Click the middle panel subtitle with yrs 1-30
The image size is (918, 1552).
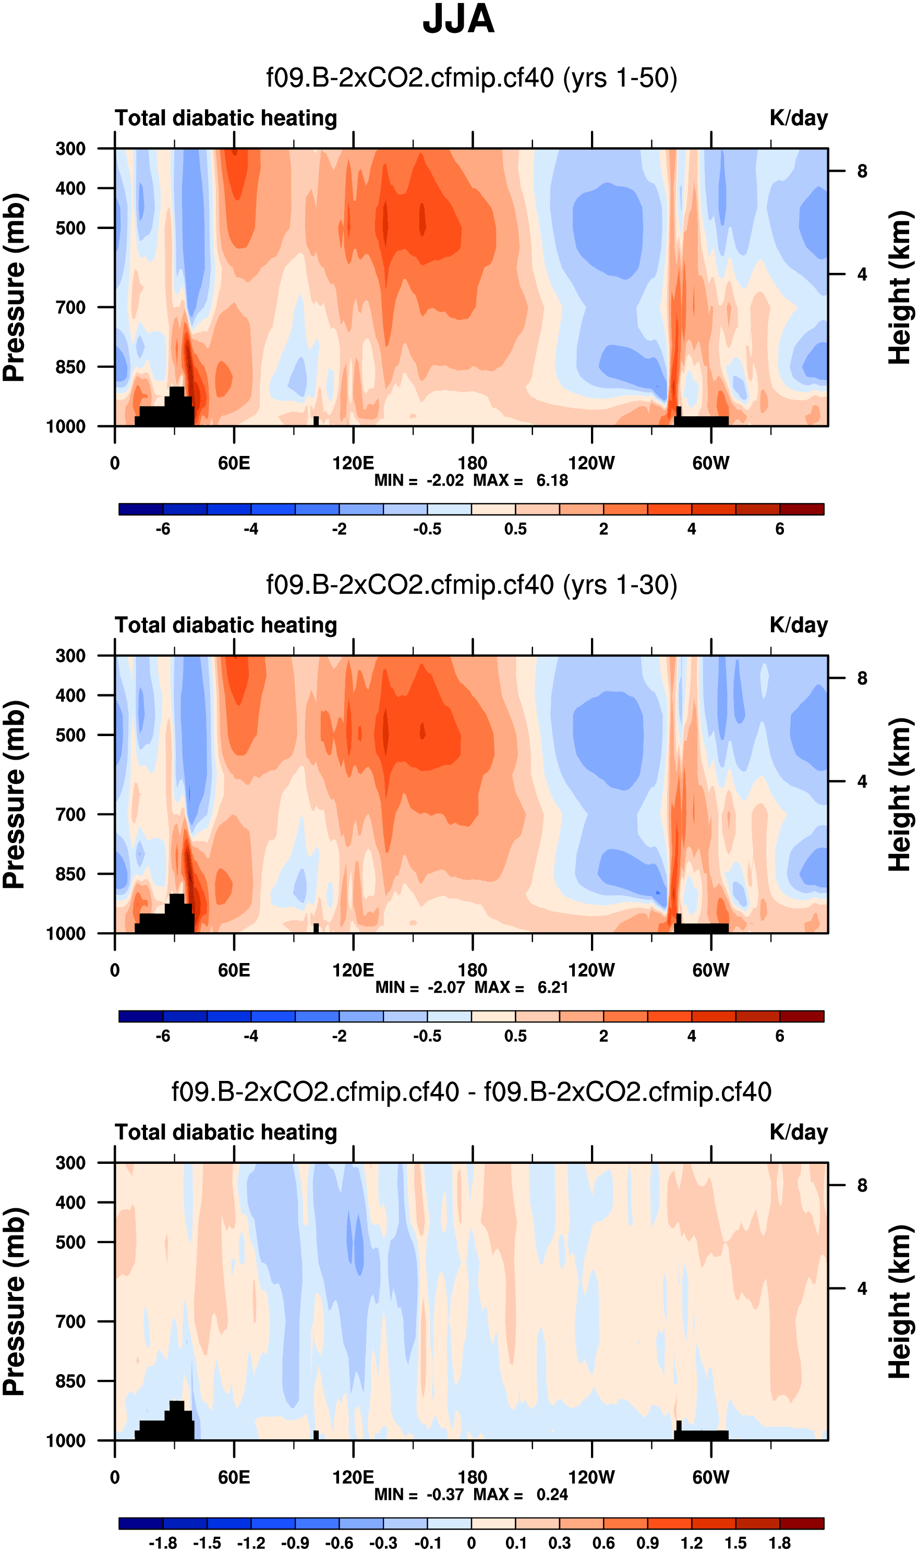472,585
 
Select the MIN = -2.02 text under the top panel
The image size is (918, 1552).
419,480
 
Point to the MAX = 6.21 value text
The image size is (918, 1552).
522,987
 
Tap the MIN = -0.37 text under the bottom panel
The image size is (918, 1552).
419,1494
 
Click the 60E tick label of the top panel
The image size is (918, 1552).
234,463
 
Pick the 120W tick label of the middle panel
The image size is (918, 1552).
591,970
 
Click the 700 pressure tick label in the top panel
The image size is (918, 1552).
70,307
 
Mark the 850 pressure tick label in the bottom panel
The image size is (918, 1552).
70,1381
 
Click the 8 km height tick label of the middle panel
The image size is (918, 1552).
862,679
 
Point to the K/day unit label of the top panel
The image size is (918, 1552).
798,118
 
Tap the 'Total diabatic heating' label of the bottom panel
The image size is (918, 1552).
226,1132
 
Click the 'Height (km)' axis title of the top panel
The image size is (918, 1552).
900,287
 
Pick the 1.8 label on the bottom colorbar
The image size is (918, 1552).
779,1543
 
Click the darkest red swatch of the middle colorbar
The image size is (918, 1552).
802,1016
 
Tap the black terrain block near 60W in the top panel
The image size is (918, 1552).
702,420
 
